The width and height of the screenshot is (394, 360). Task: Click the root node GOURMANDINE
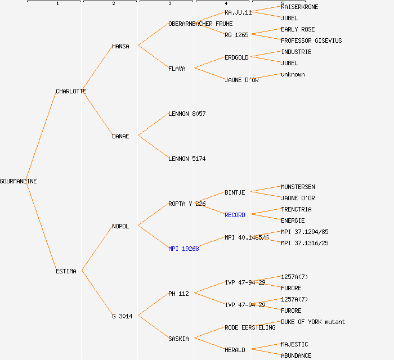[x=19, y=181]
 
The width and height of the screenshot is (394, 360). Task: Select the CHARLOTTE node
[x=71, y=91]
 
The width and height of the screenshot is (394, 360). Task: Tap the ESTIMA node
[x=66, y=271]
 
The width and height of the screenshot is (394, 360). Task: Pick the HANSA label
[x=120, y=46]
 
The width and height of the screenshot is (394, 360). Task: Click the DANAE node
[x=120, y=136]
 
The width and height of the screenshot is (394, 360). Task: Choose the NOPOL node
[x=120, y=226]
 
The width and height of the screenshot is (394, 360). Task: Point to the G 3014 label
[x=122, y=316]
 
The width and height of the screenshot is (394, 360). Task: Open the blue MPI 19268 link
[x=183, y=249]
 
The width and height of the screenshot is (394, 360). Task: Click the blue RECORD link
[x=235, y=215]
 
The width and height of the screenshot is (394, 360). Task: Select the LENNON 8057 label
[x=187, y=114]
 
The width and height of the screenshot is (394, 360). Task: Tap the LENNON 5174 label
[x=187, y=159]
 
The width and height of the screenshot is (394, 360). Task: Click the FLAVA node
[x=177, y=69]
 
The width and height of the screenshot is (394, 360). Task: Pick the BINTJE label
[x=235, y=192]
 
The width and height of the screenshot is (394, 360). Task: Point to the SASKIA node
[x=178, y=339]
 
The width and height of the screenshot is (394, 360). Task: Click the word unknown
[x=293, y=74]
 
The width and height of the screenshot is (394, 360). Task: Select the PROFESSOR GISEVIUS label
[x=311, y=40]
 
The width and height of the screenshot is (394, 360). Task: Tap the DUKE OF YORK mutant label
[x=313, y=322]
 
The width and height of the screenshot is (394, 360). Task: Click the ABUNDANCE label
[x=296, y=355]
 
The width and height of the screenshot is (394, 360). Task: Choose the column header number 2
[x=113, y=4]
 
